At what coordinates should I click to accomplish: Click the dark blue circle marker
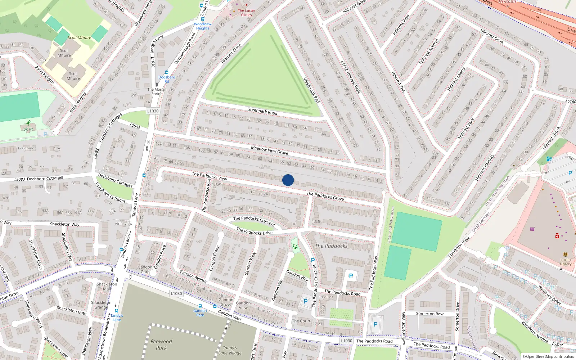[288, 180]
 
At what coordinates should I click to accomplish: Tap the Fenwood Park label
[161, 345]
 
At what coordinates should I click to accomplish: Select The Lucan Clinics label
[246, 13]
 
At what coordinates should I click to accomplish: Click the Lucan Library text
[566, 262]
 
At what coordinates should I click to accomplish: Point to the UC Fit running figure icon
[28, 123]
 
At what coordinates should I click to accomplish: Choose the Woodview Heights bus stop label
[203, 26]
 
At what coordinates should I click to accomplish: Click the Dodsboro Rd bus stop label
[167, 79]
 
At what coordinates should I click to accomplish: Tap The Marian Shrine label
[157, 91]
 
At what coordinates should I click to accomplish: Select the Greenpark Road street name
[262, 111]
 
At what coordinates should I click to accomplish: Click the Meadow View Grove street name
[269, 150]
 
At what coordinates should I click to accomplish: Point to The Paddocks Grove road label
[325, 196]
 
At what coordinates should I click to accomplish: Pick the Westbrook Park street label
[311, 91]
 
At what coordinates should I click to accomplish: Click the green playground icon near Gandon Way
[295, 247]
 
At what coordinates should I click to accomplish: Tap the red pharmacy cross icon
[557, 236]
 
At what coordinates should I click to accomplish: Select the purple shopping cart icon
[532, 229]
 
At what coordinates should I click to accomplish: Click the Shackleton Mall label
[107, 286]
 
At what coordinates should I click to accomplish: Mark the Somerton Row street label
[430, 314]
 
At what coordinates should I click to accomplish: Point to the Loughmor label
[27, 148]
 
